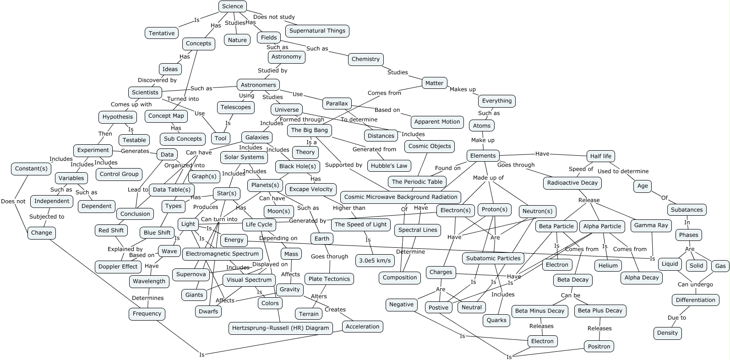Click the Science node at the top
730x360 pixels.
233,6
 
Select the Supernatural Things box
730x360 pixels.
317,31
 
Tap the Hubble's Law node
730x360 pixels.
389,166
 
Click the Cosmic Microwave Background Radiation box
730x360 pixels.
401,197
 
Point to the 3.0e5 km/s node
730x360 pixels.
375,261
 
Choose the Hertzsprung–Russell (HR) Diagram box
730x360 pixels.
280,328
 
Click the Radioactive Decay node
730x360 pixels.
572,183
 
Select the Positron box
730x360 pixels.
599,346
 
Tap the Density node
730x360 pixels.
667,333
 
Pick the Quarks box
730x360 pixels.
496,320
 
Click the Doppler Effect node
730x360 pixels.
118,267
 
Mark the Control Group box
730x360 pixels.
119,174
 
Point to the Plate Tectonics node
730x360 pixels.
329,279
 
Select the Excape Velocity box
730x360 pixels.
311,189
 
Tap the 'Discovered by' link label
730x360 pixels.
157,80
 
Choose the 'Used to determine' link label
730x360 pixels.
623,171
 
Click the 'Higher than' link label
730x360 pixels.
349,208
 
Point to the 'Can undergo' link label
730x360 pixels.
695,284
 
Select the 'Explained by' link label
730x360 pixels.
125,249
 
